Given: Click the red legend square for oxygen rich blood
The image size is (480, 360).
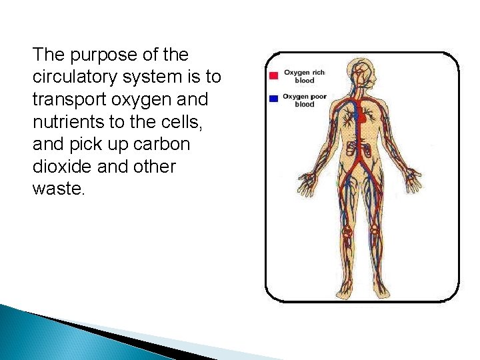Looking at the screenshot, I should pyautogui.click(x=273, y=75).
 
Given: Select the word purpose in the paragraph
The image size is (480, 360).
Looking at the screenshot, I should pyautogui.click(x=85, y=55).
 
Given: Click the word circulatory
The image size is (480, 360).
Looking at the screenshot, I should pyautogui.click(x=75, y=77).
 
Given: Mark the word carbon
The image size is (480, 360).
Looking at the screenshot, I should pyautogui.click(x=164, y=145).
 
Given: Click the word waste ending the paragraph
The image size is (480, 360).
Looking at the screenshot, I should pyautogui.click(x=57, y=189).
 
